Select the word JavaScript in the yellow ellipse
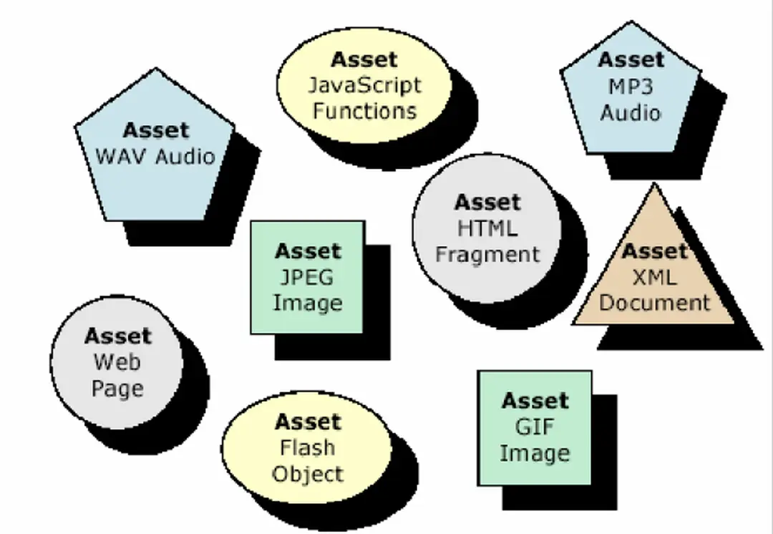(x=364, y=85)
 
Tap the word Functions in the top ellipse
(x=364, y=111)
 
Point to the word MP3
(x=631, y=87)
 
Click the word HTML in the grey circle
(x=487, y=228)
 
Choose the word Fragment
(x=487, y=254)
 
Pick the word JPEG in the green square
(x=308, y=277)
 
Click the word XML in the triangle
(x=654, y=277)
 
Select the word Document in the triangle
(x=654, y=302)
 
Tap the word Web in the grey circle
(x=117, y=362)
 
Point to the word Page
(x=117, y=389)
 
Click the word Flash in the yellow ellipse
(x=307, y=447)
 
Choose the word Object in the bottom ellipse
(x=307, y=474)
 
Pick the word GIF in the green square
(x=534, y=427)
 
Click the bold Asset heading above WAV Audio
(x=155, y=130)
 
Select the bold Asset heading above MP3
(x=631, y=60)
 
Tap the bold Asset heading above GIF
(x=535, y=401)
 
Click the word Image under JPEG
(x=308, y=303)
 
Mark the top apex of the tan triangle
(x=653, y=185)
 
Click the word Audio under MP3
(x=631, y=112)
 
